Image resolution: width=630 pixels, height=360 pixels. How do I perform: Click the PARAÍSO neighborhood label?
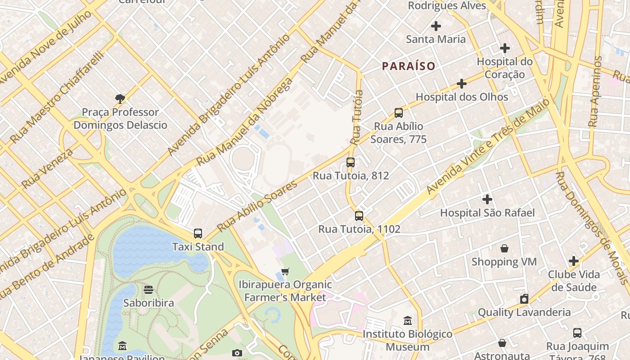point(409,66)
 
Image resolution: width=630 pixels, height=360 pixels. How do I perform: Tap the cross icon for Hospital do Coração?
point(505,48)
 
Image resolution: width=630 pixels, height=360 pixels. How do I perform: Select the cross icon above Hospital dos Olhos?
point(462,84)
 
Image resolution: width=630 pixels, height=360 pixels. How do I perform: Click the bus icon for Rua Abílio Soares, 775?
point(398,112)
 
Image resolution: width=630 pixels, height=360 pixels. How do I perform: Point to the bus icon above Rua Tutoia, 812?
point(351,162)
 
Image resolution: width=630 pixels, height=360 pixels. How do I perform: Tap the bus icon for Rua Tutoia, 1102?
point(359,216)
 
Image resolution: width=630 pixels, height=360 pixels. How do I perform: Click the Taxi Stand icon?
point(198,233)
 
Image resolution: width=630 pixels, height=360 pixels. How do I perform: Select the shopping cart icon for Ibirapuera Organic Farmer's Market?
point(285,271)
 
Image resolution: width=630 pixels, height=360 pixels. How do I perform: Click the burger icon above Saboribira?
point(148,289)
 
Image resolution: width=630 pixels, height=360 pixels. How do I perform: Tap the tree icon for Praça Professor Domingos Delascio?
point(120,99)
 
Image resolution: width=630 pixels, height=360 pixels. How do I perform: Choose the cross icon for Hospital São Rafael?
point(487,199)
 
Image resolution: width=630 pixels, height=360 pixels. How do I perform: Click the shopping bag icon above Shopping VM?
point(504,248)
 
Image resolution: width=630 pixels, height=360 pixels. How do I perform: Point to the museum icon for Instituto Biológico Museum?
point(408,320)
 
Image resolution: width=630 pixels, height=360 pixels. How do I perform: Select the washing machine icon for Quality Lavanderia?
point(524,299)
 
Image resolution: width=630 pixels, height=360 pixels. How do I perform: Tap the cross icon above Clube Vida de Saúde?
point(573,261)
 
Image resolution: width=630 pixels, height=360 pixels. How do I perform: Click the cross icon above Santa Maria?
point(436,26)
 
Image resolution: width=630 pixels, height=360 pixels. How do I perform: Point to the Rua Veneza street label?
point(47,168)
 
